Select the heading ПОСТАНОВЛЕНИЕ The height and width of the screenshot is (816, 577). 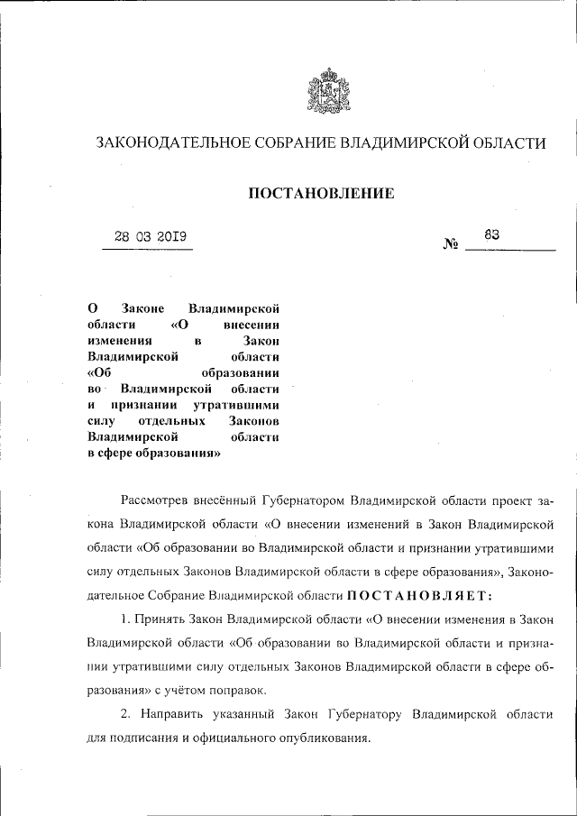tap(321, 191)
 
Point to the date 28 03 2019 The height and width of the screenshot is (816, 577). tap(150, 238)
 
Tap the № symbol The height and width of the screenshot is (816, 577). tap(451, 244)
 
